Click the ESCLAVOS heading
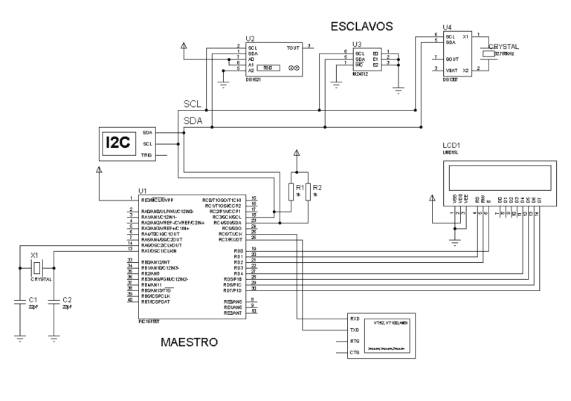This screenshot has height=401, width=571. [x=361, y=27]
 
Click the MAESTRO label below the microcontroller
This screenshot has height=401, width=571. [x=189, y=343]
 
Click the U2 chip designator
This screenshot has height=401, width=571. [x=250, y=38]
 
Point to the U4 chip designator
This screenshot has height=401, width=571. [x=446, y=26]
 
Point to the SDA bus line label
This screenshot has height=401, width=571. [x=194, y=119]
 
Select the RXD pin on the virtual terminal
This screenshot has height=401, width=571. [x=355, y=318]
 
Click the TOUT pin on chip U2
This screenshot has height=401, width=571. [x=294, y=47]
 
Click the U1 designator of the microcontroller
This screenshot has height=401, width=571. [x=143, y=191]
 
